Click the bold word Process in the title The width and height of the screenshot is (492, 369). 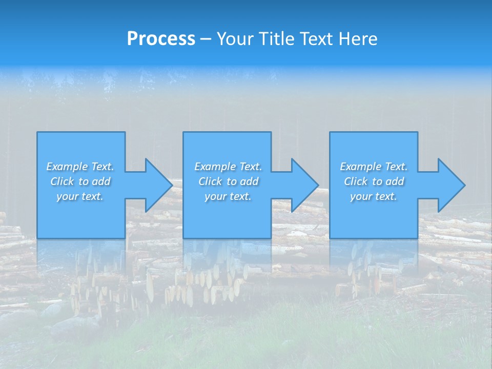point(161,39)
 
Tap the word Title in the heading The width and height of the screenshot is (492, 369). point(277,39)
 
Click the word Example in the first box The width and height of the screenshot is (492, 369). point(67,167)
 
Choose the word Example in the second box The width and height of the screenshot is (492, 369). point(215,167)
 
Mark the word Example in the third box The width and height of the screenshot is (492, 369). point(360,167)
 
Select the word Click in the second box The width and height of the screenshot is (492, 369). point(210,181)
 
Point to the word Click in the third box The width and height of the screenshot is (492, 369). point(356,181)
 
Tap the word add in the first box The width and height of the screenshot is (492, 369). point(101,181)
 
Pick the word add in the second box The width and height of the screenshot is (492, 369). point(249,181)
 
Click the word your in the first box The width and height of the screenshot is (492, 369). point(67,196)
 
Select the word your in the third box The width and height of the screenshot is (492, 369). point(361,196)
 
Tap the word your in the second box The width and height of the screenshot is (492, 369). point(215,196)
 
